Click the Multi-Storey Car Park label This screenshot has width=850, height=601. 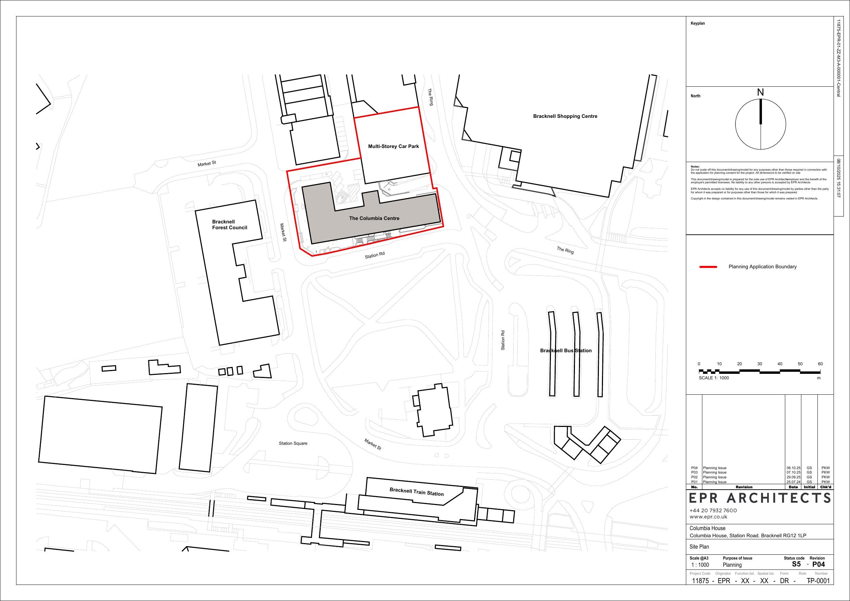click(x=393, y=146)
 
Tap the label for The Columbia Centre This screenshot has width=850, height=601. click(x=374, y=218)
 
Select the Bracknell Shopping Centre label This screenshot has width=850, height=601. click(x=565, y=116)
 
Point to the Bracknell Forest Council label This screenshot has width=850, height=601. click(x=229, y=225)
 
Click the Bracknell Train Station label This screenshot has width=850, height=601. click(x=416, y=492)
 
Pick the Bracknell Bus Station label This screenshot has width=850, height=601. click(x=566, y=351)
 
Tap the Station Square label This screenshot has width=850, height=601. click(x=293, y=443)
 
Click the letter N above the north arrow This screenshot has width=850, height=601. click(x=761, y=93)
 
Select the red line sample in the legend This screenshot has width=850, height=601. click(x=708, y=267)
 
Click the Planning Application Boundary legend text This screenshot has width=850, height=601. click(x=762, y=267)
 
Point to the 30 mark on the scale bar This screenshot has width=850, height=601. click(x=759, y=364)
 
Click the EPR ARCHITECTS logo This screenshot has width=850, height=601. click(x=760, y=499)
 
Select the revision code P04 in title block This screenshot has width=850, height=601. click(x=818, y=564)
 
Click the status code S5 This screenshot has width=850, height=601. click(x=796, y=564)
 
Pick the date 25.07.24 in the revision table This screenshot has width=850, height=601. click(x=793, y=482)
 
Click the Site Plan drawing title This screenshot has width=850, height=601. click(x=699, y=547)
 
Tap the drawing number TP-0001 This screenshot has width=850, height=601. click(x=818, y=581)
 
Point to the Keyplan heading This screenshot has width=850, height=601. click(x=698, y=23)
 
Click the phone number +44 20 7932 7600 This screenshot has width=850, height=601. click(x=713, y=510)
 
